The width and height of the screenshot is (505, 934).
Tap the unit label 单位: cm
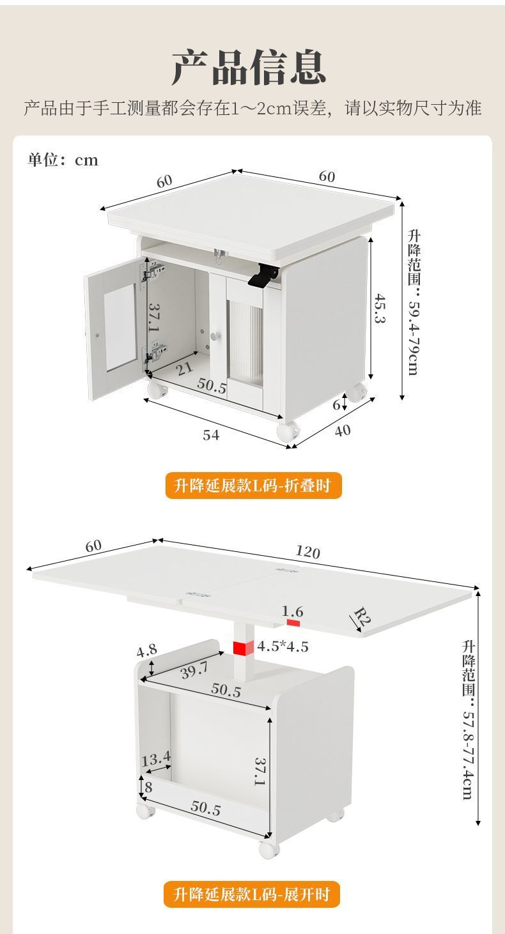63,160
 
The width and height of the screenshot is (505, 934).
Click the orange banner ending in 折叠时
252,486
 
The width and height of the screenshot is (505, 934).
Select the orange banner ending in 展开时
252,894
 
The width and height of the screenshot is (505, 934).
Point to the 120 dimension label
307,552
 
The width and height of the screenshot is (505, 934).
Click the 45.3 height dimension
380,308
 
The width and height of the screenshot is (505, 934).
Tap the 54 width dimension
211,435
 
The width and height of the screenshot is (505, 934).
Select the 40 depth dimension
343,430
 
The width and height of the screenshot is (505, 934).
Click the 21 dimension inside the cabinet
185,368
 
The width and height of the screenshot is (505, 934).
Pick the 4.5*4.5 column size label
283,647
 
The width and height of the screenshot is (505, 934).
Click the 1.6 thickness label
293,611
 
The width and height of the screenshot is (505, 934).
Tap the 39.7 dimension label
194,670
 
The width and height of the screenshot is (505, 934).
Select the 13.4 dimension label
156,760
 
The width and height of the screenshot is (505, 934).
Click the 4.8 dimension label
146,651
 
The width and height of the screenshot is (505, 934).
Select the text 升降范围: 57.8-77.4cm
468,719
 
